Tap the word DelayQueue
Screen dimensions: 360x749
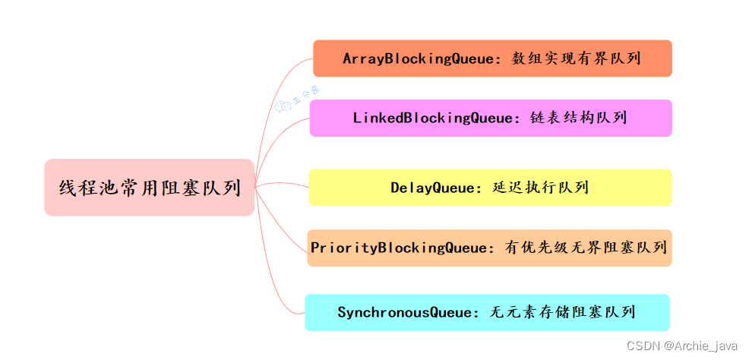(432, 188)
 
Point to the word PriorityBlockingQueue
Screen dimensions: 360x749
(403, 248)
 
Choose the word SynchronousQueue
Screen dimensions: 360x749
(403, 312)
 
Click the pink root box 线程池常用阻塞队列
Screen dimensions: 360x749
(149, 188)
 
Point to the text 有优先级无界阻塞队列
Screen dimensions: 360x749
(586, 248)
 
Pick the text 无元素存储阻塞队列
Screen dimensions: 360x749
(563, 312)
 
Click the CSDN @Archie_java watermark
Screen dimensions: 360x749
(682, 346)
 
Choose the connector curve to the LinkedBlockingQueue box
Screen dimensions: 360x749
(280, 137)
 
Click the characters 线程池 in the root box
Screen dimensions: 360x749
(87, 188)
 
